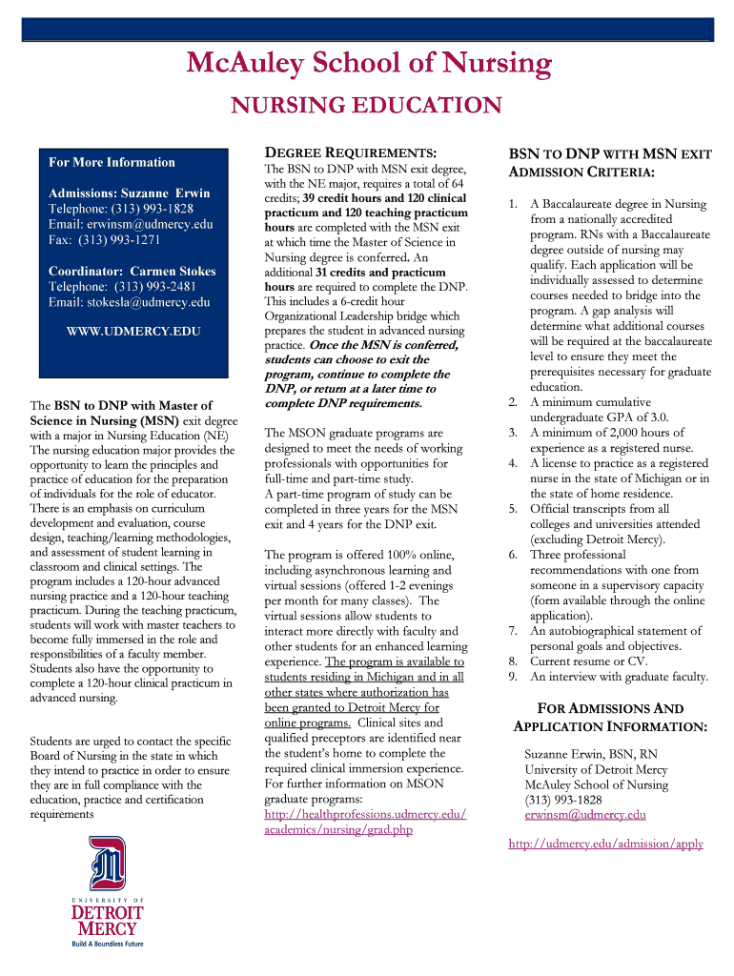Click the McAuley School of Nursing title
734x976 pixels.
point(369,65)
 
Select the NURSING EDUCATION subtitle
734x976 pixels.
point(368,106)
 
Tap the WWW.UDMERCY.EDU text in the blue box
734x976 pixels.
point(133,333)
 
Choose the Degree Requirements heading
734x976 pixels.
point(350,152)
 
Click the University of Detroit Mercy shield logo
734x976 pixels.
point(107,863)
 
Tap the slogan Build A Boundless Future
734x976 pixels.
point(108,945)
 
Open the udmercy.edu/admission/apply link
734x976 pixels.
point(605,844)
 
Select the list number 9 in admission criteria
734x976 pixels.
point(513,677)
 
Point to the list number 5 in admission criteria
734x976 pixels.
point(513,509)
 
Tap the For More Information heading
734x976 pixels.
point(112,162)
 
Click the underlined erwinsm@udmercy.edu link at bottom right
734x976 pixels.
point(584,815)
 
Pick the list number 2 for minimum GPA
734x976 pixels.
point(513,402)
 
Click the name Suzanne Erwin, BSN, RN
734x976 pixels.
point(590,754)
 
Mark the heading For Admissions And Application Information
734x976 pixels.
point(610,718)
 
